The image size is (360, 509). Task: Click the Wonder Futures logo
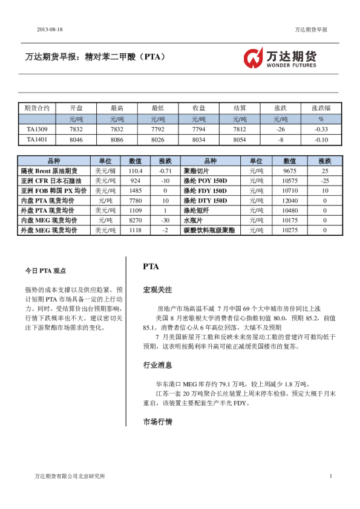pyautogui.click(x=279, y=58)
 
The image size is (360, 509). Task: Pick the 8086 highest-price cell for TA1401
pyautogui.click(x=117, y=140)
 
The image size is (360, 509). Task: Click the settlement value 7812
pyautogui.click(x=240, y=129)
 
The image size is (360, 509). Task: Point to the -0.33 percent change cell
pyautogui.click(x=321, y=129)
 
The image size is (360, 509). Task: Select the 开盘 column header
pyautogui.click(x=76, y=108)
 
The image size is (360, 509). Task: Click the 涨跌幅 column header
pyautogui.click(x=321, y=108)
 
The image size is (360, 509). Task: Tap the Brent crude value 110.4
pyautogui.click(x=136, y=171)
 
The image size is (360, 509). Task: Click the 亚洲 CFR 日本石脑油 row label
pyautogui.click(x=51, y=181)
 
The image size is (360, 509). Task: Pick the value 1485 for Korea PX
pyautogui.click(x=136, y=190)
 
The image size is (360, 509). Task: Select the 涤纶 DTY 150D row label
pyautogui.click(x=205, y=201)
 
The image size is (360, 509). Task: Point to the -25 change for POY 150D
pyautogui.click(x=324, y=181)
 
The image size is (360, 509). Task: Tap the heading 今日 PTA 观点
pyautogui.click(x=45, y=271)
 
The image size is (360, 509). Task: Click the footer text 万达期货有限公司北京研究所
pyautogui.click(x=70, y=476)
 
